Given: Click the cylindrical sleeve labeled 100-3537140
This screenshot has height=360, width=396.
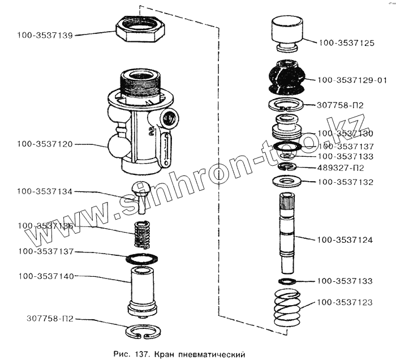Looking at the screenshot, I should (140, 288).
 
